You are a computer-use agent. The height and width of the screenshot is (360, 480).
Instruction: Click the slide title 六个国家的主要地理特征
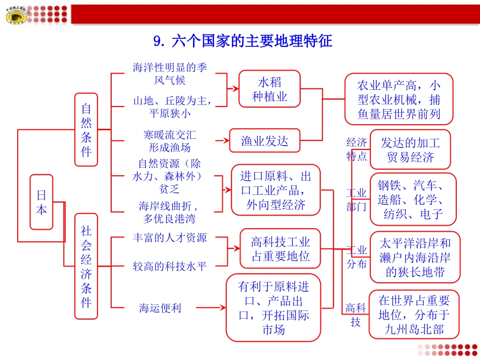[x=243, y=40]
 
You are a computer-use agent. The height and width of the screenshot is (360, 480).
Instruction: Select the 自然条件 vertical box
[x=86, y=130]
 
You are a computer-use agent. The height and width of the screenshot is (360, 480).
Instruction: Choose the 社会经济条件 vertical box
[x=86, y=266]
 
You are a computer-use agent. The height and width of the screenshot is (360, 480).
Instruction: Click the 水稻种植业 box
[x=270, y=89]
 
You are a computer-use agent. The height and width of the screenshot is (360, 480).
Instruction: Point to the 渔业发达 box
[x=265, y=141]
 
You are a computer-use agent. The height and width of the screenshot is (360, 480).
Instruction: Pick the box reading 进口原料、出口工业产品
[x=276, y=190]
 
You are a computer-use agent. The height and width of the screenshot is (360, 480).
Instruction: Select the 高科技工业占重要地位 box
[x=280, y=249]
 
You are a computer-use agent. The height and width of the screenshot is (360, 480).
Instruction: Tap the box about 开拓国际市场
[x=273, y=307]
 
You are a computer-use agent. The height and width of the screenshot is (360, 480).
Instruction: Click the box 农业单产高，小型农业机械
[x=399, y=99]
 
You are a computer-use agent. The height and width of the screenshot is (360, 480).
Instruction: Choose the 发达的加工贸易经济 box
[x=410, y=149]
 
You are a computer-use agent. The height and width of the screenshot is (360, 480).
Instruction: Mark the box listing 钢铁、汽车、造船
[x=413, y=199]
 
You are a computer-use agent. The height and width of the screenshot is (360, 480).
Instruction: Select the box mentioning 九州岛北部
[x=414, y=315]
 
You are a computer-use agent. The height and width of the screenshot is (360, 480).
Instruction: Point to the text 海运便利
[x=160, y=307]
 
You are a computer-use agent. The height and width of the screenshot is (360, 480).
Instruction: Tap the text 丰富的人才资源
[x=169, y=237]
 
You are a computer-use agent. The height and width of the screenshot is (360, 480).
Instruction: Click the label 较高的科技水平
[x=169, y=266]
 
